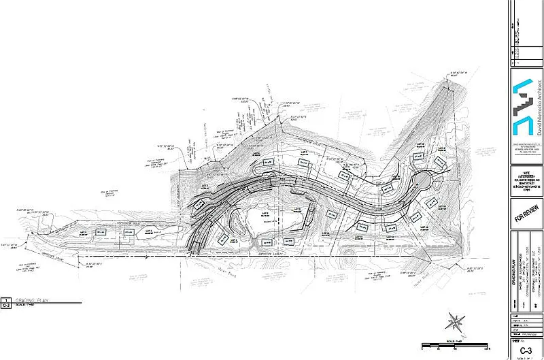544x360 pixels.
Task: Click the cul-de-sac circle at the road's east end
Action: point(424,182)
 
